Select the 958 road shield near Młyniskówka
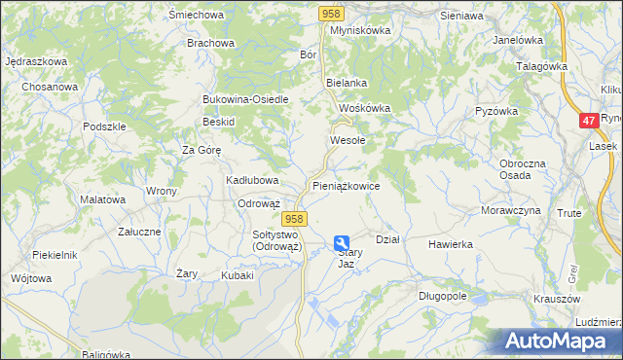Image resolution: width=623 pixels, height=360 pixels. [331, 12]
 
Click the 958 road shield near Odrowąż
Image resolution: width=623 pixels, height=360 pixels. [297, 220]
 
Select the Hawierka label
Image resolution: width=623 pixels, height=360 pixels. [450, 244]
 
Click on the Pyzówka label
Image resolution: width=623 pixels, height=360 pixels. [495, 111]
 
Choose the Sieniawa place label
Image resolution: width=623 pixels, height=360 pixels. [461, 17]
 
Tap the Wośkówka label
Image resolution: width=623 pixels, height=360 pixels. [364, 108]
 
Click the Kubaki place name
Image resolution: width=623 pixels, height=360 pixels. [238, 275]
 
